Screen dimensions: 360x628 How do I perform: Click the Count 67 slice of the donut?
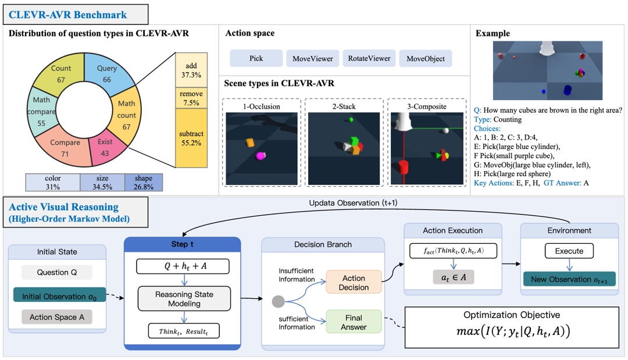(x=61, y=74)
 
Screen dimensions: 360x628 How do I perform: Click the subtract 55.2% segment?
(x=191, y=138)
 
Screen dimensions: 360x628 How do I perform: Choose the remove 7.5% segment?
(x=191, y=97)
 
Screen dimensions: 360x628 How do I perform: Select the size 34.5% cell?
(x=102, y=183)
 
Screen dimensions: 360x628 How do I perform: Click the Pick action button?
(x=256, y=59)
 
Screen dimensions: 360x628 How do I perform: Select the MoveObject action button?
(x=426, y=59)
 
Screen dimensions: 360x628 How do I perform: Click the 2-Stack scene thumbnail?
(x=344, y=148)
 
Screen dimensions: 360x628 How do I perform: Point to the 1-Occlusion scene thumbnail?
(x=261, y=148)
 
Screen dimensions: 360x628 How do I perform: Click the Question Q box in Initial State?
(x=56, y=272)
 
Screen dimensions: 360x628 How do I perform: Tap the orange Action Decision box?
(x=354, y=282)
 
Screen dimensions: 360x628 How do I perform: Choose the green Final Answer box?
(x=354, y=322)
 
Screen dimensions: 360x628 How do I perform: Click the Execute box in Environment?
(x=569, y=251)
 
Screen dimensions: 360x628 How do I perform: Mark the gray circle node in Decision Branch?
(x=278, y=302)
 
